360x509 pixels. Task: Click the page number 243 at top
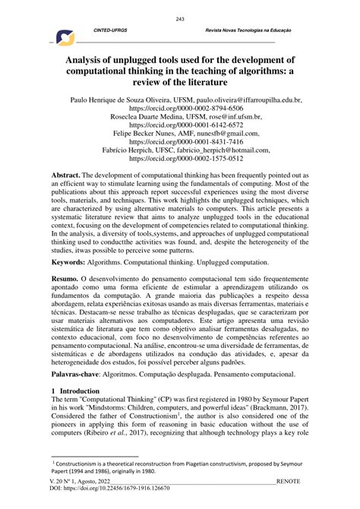point(180,19)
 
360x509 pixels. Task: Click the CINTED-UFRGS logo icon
point(65,37)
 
